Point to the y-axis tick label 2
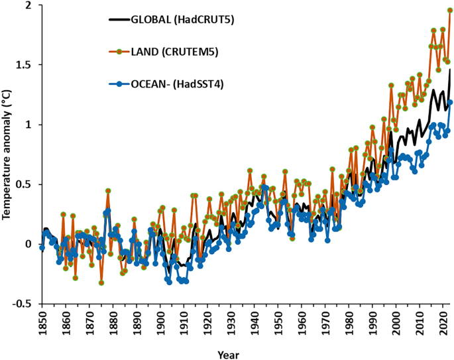pos(28,5)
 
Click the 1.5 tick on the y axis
pos(23,65)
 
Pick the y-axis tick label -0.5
pos(22,304)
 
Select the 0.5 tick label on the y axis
pos(23,184)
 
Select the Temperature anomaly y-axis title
pos(7,153)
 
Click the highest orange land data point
pos(450,10)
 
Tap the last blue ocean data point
pos(450,102)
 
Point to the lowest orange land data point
pos(101,282)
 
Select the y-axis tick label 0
pos(28,244)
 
